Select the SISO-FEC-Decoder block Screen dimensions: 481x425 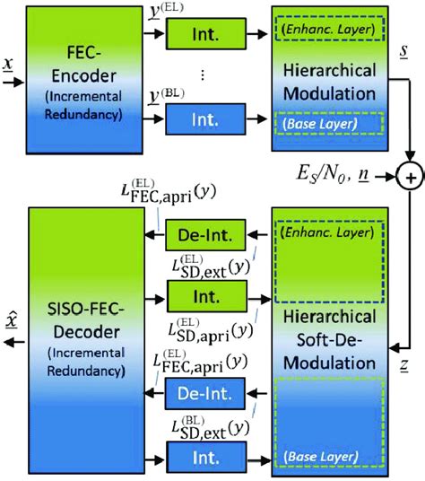coord(82,337)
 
